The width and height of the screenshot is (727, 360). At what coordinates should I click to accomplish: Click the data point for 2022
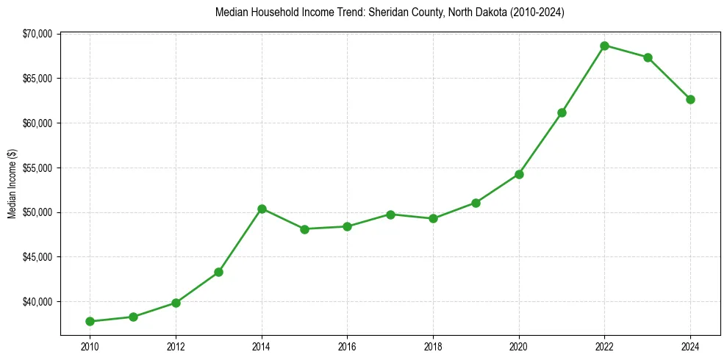pyautogui.click(x=604, y=46)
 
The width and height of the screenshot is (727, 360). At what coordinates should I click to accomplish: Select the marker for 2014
pyautogui.click(x=262, y=209)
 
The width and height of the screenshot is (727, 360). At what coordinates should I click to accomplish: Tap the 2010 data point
pyautogui.click(x=90, y=321)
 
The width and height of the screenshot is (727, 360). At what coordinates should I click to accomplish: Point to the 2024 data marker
pyautogui.click(x=690, y=99)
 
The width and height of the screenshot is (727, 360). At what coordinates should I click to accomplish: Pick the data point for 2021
pyautogui.click(x=562, y=112)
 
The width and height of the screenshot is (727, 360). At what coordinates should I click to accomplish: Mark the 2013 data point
pyautogui.click(x=218, y=272)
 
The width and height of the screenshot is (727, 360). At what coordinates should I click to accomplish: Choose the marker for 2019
pyautogui.click(x=476, y=203)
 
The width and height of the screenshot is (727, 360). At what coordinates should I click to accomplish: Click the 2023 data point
pyautogui.click(x=648, y=57)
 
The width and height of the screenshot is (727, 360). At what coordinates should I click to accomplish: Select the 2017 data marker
pyautogui.click(x=390, y=215)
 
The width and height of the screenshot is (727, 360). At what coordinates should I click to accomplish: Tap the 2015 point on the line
pyautogui.click(x=304, y=229)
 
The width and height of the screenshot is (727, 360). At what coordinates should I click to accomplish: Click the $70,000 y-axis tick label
pyautogui.click(x=37, y=34)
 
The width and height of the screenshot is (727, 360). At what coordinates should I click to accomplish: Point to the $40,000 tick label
pyautogui.click(x=37, y=302)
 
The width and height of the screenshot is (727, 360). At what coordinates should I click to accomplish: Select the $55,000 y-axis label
pyautogui.click(x=37, y=168)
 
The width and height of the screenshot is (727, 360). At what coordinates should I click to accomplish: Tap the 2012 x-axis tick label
pyautogui.click(x=176, y=346)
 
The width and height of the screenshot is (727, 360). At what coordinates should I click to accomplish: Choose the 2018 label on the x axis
pyautogui.click(x=433, y=346)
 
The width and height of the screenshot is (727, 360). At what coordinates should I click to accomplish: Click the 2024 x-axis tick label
pyautogui.click(x=690, y=346)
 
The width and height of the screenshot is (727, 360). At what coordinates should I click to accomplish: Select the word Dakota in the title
pyautogui.click(x=485, y=12)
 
